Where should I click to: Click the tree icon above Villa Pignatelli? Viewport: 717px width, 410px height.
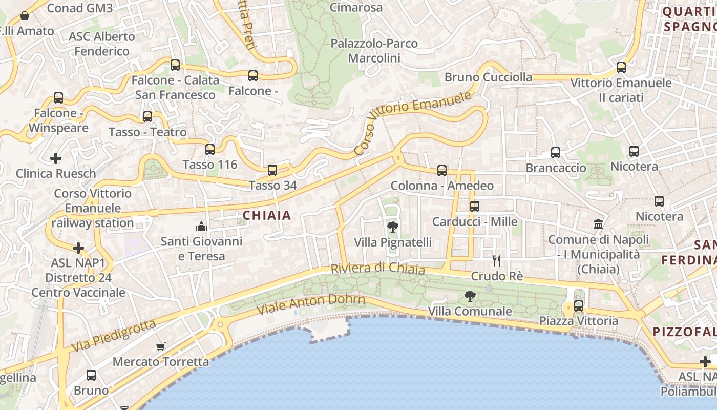coord(392,227)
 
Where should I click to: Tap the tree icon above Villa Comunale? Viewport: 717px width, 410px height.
coord(469,296)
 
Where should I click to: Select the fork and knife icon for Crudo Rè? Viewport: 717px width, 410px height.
coord(496,261)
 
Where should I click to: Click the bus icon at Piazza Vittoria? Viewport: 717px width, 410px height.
coord(579,306)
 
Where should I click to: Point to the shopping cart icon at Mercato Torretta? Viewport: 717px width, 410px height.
coord(161,346)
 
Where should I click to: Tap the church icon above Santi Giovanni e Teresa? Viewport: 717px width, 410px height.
coord(201,226)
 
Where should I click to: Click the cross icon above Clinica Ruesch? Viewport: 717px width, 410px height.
coord(56,158)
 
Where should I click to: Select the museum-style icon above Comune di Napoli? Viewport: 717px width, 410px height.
coord(598,224)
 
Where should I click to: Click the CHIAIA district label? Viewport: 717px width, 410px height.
coord(267,216)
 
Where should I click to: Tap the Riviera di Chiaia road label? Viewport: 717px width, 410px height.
coord(378,269)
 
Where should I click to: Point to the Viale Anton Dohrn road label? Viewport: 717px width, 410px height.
coord(311,304)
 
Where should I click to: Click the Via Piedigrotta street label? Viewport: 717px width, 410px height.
coord(113,336)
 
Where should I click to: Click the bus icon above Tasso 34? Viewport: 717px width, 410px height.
coord(272,170)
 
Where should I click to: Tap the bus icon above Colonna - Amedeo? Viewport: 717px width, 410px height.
coord(442,171)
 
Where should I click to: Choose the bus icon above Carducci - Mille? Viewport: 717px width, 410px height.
coord(475,207)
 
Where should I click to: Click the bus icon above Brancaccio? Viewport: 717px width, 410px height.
coord(556,152)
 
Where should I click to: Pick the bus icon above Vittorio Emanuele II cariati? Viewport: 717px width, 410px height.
coord(621,67)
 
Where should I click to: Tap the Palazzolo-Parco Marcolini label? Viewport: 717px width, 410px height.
coord(374,51)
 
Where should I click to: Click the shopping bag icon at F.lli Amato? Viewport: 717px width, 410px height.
coord(24,16)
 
